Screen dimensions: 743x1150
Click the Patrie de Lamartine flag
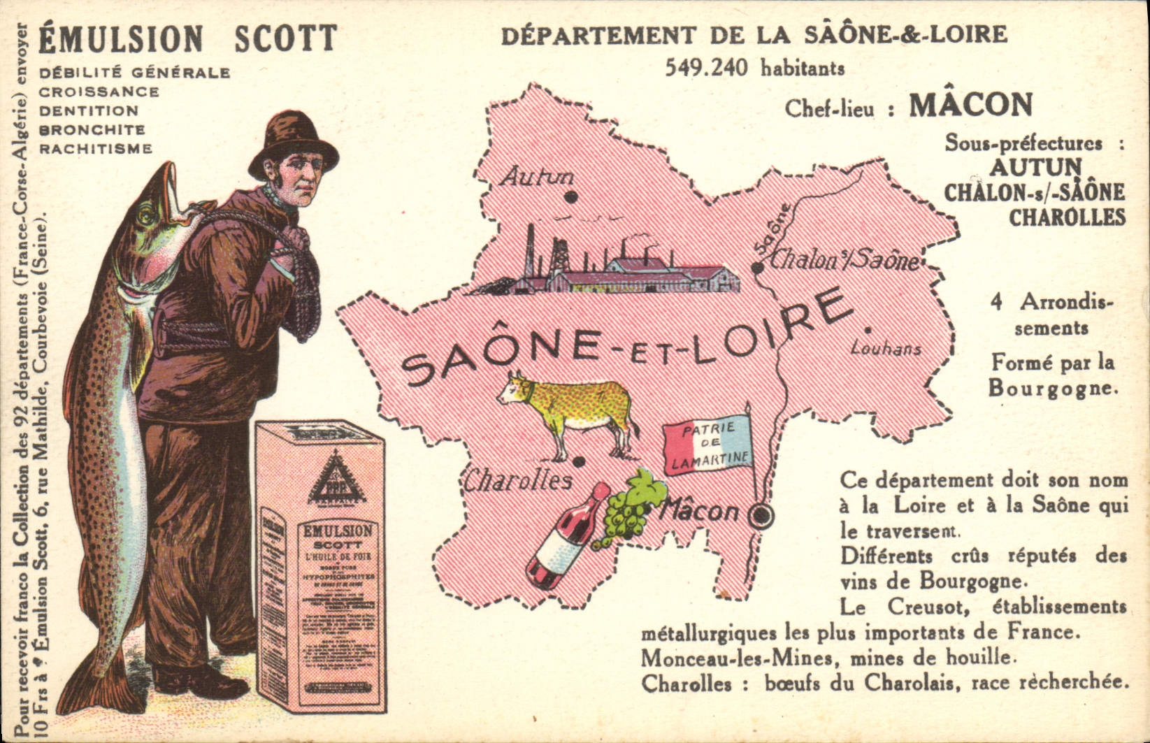pos(707,446)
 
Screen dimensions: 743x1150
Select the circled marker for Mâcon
pos(761,516)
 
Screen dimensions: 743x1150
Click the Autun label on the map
pos(538,176)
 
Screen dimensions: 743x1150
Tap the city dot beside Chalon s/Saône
pos(756,268)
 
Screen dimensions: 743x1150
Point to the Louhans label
pos(886,348)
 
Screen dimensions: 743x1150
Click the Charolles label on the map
pos(518,481)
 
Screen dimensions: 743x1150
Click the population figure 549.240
pos(706,68)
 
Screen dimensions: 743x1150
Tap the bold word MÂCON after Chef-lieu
pos(970,105)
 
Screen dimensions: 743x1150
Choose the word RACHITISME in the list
pos(96,149)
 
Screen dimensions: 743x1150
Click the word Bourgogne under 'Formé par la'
pos(1050,388)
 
